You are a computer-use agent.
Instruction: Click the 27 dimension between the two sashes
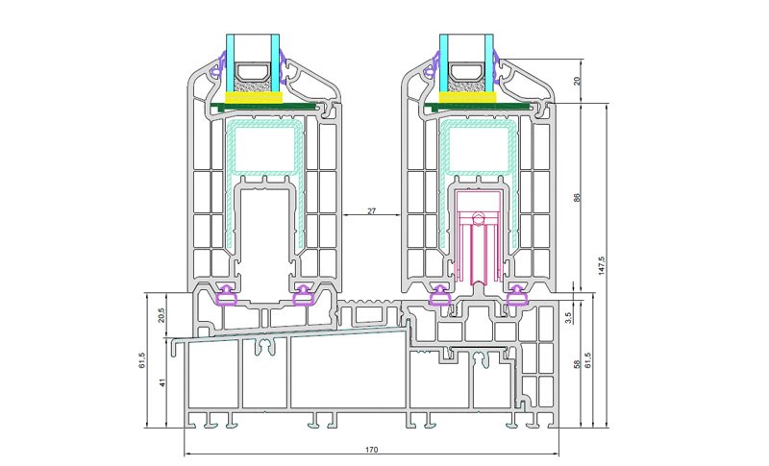(x=371, y=210)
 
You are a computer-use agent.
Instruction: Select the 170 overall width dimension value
(x=372, y=450)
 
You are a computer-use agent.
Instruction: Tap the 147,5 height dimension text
(x=602, y=265)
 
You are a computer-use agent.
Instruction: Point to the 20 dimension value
(x=577, y=81)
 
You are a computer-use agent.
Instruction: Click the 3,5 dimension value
(x=568, y=318)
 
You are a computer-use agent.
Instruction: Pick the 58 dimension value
(x=577, y=364)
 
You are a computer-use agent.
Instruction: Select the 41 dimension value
(x=163, y=382)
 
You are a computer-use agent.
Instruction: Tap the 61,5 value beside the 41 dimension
(x=142, y=360)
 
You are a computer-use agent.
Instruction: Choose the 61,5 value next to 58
(x=588, y=360)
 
